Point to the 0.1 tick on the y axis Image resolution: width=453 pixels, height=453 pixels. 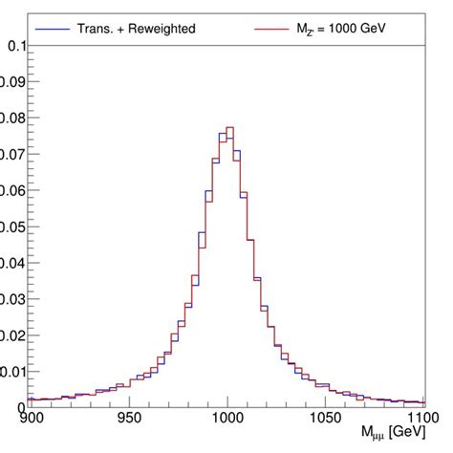coord(14,46)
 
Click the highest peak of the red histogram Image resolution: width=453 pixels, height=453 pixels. coord(230,127)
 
